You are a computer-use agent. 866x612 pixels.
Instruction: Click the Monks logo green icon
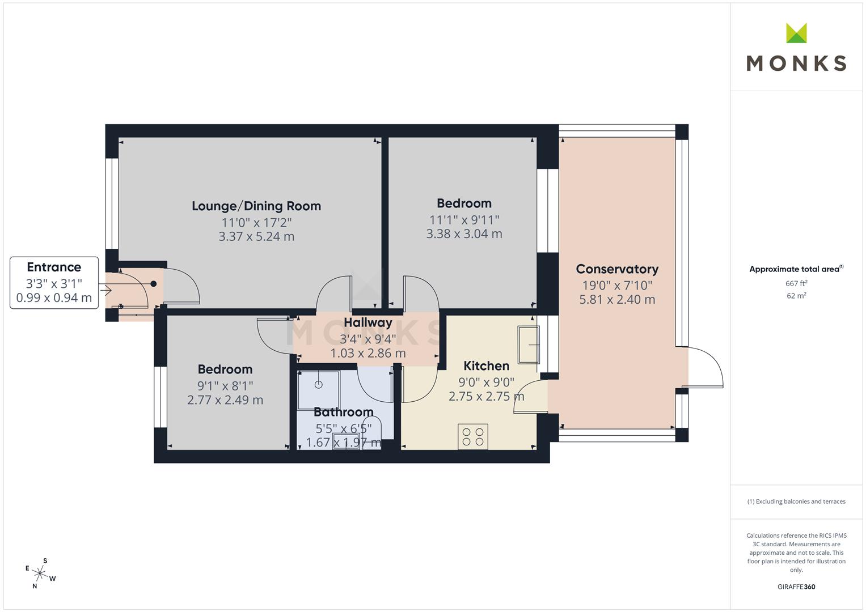click(796, 33)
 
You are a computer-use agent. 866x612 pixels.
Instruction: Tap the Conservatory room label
click(617, 269)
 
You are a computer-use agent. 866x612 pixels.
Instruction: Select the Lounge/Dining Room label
click(256, 206)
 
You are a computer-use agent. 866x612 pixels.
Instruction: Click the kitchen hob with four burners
click(473, 436)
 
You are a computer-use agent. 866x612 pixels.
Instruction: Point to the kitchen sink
click(529, 345)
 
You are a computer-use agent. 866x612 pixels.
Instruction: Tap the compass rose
click(40, 573)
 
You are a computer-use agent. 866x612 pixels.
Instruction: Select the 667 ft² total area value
click(796, 283)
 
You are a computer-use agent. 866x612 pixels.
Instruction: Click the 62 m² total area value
click(796, 296)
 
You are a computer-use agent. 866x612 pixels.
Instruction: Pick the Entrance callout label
click(54, 267)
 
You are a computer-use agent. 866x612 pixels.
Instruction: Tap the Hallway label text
click(368, 323)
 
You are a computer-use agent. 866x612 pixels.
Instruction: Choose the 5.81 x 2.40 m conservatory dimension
click(617, 300)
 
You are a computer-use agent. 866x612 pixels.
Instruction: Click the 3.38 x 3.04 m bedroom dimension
click(464, 234)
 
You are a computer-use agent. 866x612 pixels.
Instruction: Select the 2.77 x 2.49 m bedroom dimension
click(225, 400)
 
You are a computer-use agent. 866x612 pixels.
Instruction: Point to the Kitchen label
click(486, 366)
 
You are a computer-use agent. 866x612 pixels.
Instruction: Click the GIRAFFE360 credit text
click(796, 587)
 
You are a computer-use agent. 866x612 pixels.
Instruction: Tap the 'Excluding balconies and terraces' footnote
click(796, 501)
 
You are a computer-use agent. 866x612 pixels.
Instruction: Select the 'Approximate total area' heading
click(794, 269)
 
